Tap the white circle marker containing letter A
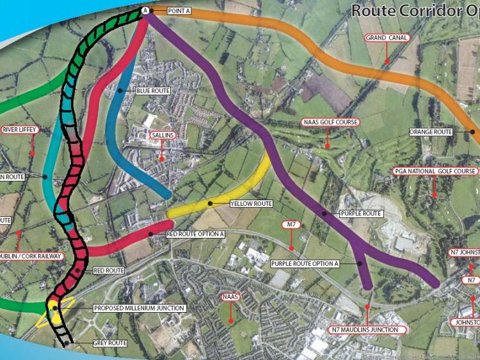point(145,11)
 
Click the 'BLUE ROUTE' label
point(152,91)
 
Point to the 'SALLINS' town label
point(163,136)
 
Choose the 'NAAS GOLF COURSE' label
point(330,122)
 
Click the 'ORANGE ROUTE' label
point(431,132)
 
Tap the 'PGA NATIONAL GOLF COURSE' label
point(435,171)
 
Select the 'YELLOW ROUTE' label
point(250,204)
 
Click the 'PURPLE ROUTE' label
point(362,213)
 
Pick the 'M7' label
point(291,224)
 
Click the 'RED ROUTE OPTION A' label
point(195,234)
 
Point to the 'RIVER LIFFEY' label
point(20,130)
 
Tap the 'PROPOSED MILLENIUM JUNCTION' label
point(139,308)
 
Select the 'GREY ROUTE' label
point(109,343)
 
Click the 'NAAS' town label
point(229,297)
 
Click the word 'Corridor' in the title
point(430,10)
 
